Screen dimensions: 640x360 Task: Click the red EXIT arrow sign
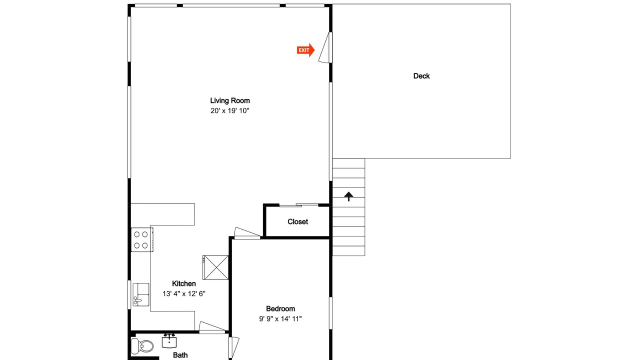(x=305, y=50)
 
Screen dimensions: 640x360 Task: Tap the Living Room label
(x=230, y=100)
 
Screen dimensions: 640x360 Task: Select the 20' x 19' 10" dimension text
(x=230, y=111)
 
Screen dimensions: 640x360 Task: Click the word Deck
(x=421, y=76)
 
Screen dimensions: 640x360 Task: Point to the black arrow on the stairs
(x=348, y=196)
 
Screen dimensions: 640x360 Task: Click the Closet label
(x=297, y=221)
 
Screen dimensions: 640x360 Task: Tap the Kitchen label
(x=184, y=283)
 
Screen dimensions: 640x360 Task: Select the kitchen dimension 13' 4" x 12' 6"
(x=184, y=293)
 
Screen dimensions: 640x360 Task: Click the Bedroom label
(x=280, y=309)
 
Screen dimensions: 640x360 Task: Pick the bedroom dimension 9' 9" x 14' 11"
(x=280, y=319)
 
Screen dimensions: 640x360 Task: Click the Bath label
(x=180, y=355)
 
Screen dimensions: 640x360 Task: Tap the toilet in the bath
(x=142, y=346)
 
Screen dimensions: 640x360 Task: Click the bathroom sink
(x=169, y=341)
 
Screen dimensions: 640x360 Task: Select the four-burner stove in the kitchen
(x=142, y=239)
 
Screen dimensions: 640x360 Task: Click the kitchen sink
(x=141, y=294)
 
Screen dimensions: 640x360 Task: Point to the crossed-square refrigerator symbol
(x=215, y=267)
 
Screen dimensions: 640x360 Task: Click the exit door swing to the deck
(x=325, y=47)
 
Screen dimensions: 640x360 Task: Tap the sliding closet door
(x=299, y=205)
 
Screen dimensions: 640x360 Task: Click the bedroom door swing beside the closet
(x=247, y=233)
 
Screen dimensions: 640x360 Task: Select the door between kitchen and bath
(x=212, y=327)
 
